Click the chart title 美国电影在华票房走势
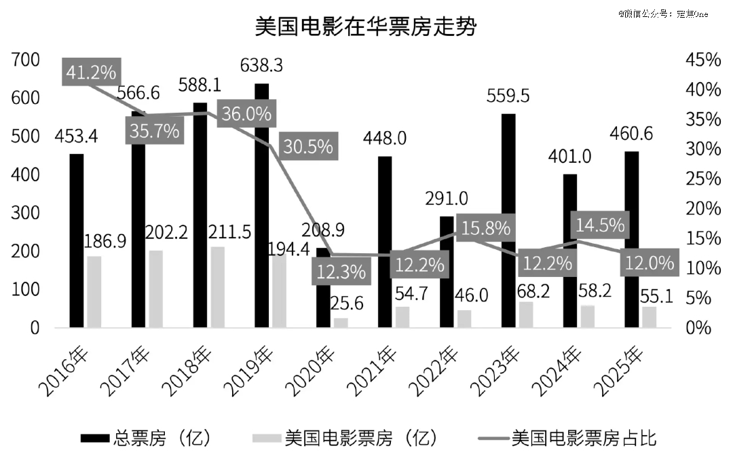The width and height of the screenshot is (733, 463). pos(366,27)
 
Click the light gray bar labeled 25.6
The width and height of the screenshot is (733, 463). pos(340,322)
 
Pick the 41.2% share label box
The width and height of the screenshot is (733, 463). pos(92,71)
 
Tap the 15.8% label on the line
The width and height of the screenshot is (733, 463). pos(485,228)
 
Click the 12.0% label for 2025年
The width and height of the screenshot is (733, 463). pos(650,262)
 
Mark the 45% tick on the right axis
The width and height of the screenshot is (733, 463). pos(703,60)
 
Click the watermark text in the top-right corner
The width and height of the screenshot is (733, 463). pos(662,13)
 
